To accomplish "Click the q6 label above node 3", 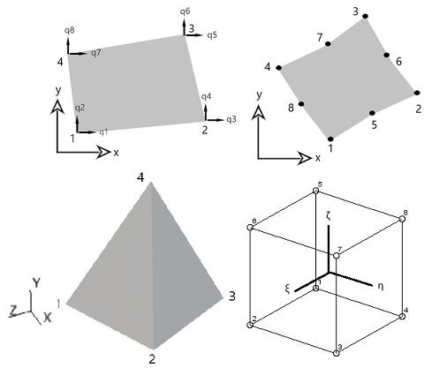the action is click(x=186, y=11).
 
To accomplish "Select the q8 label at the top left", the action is click(x=70, y=30).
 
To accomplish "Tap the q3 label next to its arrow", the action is click(x=231, y=119).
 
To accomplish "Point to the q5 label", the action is click(x=212, y=35).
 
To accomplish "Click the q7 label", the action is click(x=96, y=53).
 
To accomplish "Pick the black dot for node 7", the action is click(x=328, y=44).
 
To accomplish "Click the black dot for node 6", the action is click(x=387, y=55).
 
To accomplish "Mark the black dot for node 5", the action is click(x=372, y=113).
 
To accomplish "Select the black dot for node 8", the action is click(x=301, y=104).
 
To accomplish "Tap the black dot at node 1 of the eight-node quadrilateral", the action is click(x=330, y=139).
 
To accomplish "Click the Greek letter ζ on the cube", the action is click(x=328, y=216).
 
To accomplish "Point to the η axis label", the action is click(x=381, y=286).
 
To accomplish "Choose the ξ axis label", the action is click(x=288, y=289).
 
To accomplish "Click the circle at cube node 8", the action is click(x=402, y=219).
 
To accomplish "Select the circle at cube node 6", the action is click(x=250, y=228).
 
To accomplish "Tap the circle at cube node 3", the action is click(x=337, y=353).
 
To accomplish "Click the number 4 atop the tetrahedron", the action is click(x=140, y=177).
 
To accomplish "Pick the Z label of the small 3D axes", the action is click(x=13, y=311).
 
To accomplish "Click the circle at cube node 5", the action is click(x=315, y=191).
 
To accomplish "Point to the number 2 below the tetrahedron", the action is click(x=152, y=359).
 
